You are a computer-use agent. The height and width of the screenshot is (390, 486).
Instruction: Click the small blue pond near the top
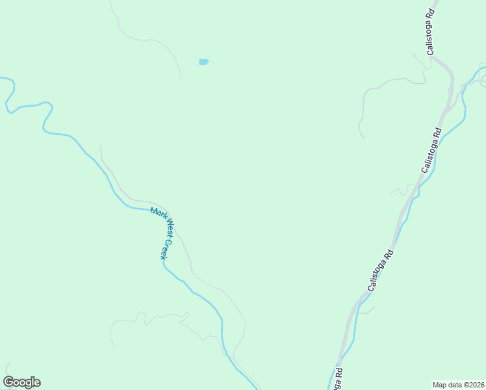(x=204, y=62)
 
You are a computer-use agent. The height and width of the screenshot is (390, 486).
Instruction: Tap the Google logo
(x=21, y=382)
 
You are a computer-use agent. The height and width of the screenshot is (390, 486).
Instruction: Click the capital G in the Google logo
(x=8, y=382)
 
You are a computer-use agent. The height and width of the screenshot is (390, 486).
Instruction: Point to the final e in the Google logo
(x=36, y=383)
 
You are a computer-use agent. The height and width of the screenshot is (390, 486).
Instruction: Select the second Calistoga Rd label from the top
(x=432, y=149)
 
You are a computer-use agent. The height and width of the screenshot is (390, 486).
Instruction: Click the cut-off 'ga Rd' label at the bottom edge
(x=338, y=379)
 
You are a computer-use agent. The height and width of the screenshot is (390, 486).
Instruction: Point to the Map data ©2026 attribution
(x=459, y=384)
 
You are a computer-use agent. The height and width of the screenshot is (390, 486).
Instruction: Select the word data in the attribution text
(x=455, y=384)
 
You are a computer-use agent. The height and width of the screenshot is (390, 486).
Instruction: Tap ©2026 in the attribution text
(x=474, y=384)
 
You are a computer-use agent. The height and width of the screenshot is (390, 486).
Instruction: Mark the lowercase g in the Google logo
(x=27, y=383)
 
